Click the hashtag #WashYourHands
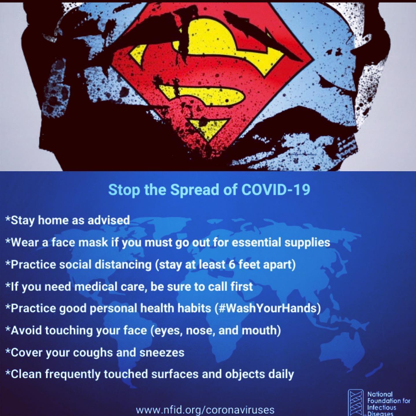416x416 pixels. click(x=268, y=308)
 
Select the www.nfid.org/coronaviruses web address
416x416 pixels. click(x=205, y=409)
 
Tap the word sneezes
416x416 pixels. click(x=162, y=353)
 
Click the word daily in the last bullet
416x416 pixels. click(x=281, y=375)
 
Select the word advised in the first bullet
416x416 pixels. click(x=109, y=220)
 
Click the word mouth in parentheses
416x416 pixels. click(x=259, y=330)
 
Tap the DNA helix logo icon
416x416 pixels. click(x=356, y=402)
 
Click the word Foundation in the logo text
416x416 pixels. click(x=384, y=401)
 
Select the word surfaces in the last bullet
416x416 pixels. click(x=175, y=374)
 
